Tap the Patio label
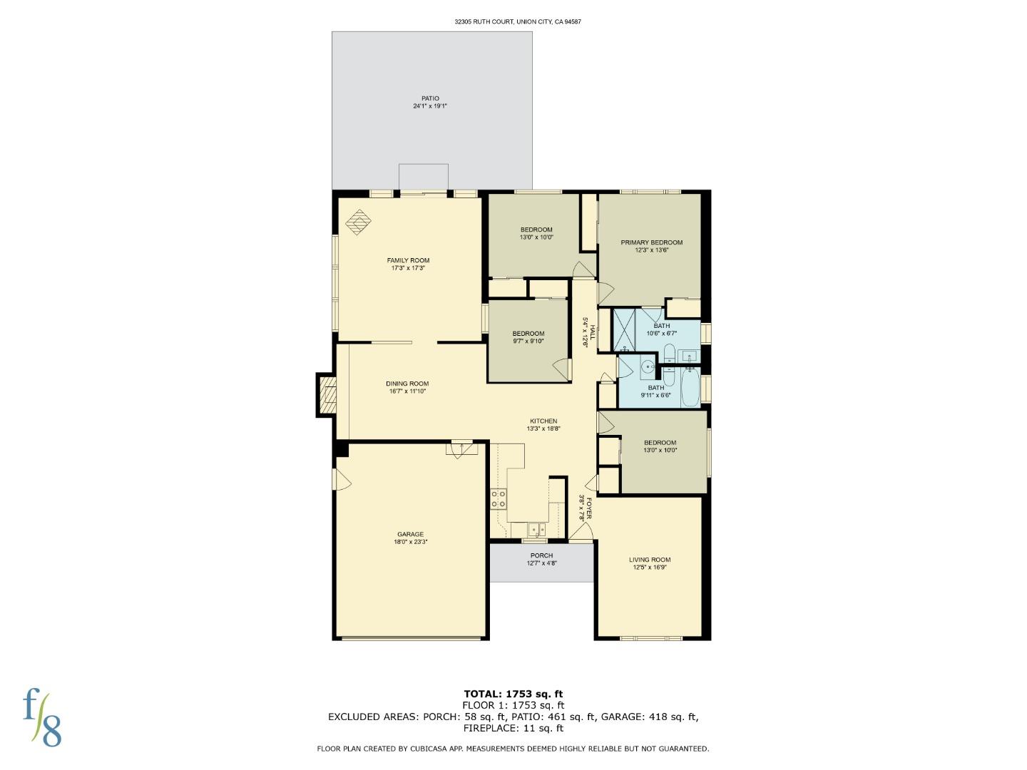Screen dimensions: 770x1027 click(430, 98)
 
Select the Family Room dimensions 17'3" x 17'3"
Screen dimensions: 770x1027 click(408, 268)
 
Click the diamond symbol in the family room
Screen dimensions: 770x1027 click(359, 222)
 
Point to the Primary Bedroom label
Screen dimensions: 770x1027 click(651, 242)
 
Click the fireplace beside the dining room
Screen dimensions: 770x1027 click(327, 395)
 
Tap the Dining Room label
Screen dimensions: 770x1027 click(407, 384)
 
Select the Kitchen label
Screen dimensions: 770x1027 click(543, 421)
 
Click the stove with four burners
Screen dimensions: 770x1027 click(499, 498)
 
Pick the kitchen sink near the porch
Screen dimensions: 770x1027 click(536, 530)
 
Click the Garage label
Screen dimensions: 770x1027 click(410, 534)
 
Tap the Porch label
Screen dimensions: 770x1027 click(541, 555)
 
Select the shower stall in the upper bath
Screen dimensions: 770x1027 click(624, 329)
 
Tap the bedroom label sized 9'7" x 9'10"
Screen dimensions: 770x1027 click(528, 334)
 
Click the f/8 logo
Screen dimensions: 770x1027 click(42, 717)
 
